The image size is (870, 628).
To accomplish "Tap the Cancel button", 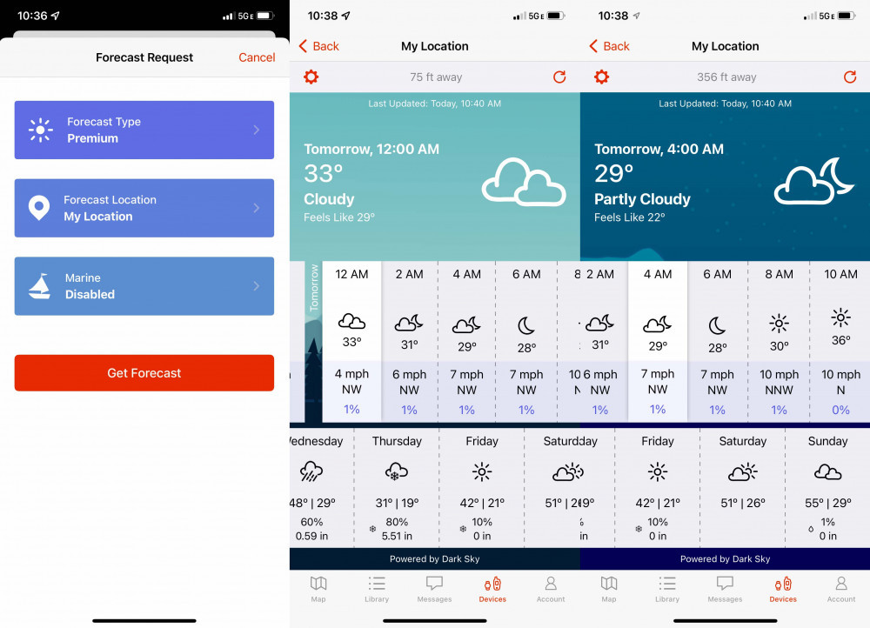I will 257,57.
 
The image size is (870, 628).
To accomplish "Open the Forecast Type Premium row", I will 144,130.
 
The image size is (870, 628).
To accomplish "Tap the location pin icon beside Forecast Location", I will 39,208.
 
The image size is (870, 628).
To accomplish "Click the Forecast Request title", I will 144,57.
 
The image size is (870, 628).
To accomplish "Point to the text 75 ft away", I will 436,77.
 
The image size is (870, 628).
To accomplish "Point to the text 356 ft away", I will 726,77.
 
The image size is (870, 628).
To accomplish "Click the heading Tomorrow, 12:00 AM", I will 371,150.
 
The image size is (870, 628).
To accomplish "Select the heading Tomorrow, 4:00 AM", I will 659,150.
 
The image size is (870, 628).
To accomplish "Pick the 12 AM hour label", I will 351,274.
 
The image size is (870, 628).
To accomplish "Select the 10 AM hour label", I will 840,274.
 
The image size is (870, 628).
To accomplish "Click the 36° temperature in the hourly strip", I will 840,340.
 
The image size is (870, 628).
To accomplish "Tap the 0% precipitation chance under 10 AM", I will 840,410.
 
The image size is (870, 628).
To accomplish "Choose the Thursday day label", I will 397,441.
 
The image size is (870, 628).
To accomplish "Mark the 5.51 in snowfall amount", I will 397,536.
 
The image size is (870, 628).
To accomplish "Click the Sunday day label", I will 827,441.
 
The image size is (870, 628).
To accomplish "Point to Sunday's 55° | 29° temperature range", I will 827,503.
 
